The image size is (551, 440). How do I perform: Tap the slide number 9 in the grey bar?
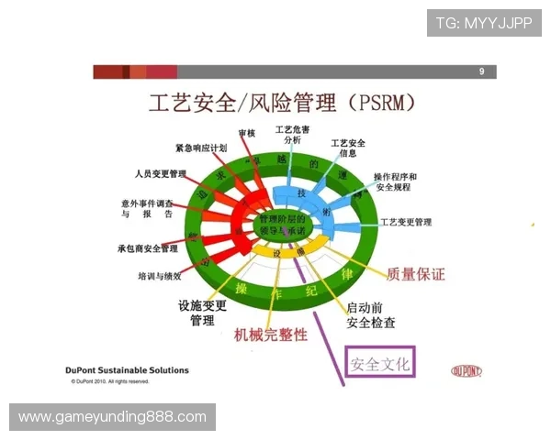[x=481, y=71]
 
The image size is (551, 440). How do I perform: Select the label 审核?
[x=246, y=134]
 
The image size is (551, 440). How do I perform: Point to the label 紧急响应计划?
[x=201, y=148]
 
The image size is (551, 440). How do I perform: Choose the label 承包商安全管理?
[x=148, y=248]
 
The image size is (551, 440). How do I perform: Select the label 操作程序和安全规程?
[x=395, y=181]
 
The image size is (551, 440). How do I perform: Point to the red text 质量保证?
[x=416, y=274]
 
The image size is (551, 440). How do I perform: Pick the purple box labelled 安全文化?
[x=380, y=363]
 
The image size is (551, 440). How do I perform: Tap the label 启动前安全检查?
[x=371, y=315]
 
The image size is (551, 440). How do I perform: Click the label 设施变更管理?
[x=202, y=313]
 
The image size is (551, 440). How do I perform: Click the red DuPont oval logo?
[x=468, y=371]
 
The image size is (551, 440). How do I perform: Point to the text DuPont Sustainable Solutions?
[x=128, y=370]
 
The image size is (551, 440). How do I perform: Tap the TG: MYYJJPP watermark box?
[x=484, y=23]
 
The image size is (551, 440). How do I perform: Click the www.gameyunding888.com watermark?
[x=113, y=417]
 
